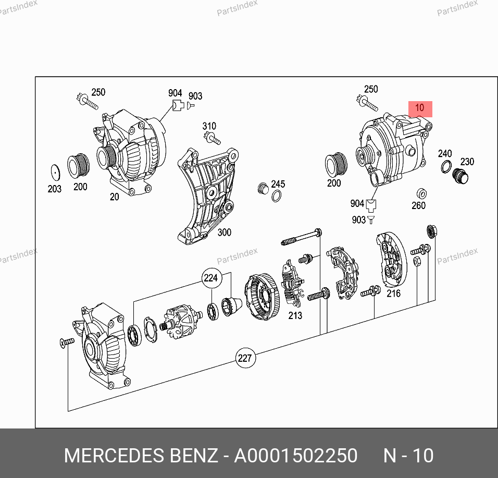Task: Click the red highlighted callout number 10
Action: point(420,108)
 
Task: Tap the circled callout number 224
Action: point(211,278)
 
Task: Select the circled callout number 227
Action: point(245,358)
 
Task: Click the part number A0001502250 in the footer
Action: point(296,456)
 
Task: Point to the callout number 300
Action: point(224,232)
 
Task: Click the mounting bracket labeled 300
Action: point(206,196)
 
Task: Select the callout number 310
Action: point(209,126)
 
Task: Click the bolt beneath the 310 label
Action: point(212,139)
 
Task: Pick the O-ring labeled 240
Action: point(446,166)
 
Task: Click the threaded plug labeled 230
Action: point(460,176)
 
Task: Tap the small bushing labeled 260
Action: point(421,193)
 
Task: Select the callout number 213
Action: point(295,315)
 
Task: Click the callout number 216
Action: point(393,293)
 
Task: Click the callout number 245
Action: point(278,184)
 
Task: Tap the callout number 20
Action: point(114,197)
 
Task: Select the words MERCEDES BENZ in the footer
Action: point(141,456)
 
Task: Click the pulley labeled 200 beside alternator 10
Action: point(336,165)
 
